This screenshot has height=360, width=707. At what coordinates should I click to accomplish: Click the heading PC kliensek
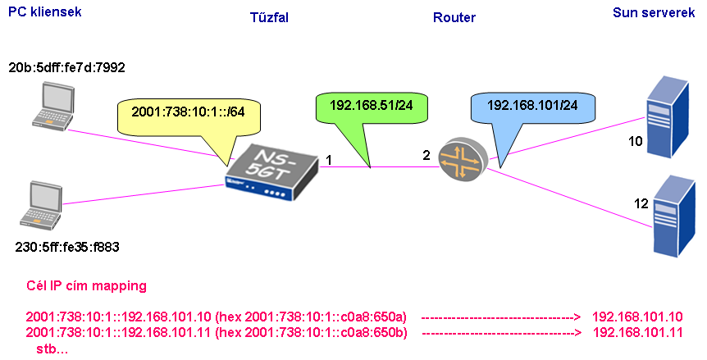[x=44, y=12]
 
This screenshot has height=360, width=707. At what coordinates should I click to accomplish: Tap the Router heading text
[x=455, y=17]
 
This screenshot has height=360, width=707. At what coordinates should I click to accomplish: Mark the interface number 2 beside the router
[x=426, y=155]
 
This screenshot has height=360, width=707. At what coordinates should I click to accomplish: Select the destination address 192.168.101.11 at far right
[x=637, y=333]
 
